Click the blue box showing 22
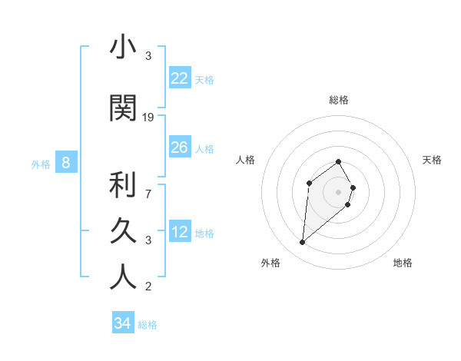pyautogui.click(x=180, y=78)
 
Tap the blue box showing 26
pyautogui.click(x=180, y=147)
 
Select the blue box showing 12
pyautogui.click(x=180, y=232)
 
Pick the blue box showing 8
pyautogui.click(x=66, y=163)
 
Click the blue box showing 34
pyautogui.click(x=122, y=323)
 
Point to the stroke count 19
pyautogui.click(x=148, y=118)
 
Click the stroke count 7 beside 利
pyautogui.click(x=148, y=186)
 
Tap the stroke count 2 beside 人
pyautogui.click(x=148, y=287)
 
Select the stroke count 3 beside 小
pyautogui.click(x=148, y=56)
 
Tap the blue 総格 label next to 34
pyautogui.click(x=148, y=325)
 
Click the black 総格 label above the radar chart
pyautogui.click(x=339, y=100)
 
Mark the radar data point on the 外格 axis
pyautogui.click(x=303, y=243)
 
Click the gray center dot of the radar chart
pyautogui.click(x=339, y=191)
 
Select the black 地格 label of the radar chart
pyautogui.click(x=403, y=263)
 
